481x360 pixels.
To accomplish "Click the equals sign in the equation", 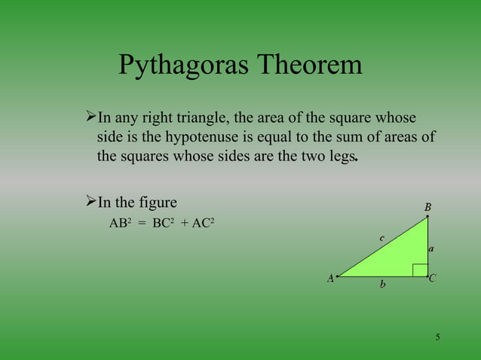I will pyautogui.click(x=141, y=224).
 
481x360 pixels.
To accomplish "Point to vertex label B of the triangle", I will pyautogui.click(x=427, y=207).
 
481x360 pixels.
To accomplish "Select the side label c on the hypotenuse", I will pyautogui.click(x=381, y=238).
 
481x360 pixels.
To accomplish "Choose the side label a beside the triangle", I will pyautogui.click(x=431, y=247).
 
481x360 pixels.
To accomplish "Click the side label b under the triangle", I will pyautogui.click(x=383, y=285).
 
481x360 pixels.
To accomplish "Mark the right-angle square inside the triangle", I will pyautogui.click(x=420, y=270).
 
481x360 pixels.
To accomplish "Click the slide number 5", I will pyautogui.click(x=437, y=336).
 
